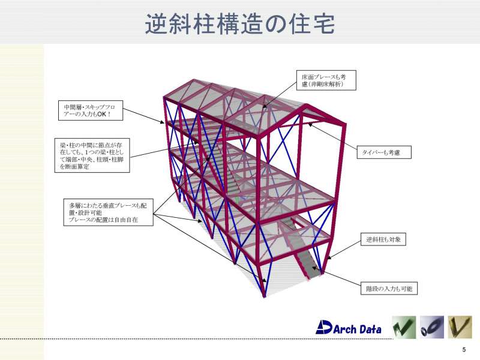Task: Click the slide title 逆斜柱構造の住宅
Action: (239, 24)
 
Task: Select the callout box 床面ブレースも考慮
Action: (326, 80)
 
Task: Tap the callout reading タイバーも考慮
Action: (384, 152)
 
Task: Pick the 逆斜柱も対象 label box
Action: (383, 239)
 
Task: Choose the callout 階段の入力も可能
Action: (389, 289)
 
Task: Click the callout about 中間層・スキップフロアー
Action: (91, 110)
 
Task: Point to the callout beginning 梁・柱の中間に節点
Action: (92, 155)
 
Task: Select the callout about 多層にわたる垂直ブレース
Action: (108, 212)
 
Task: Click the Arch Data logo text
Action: (357, 329)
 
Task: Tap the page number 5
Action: (464, 350)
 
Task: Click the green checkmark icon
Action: (404, 327)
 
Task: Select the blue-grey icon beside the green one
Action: (432, 327)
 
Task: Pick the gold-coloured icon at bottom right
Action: (460, 327)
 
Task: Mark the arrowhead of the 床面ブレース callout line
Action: (264, 106)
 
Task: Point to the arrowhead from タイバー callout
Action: (310, 124)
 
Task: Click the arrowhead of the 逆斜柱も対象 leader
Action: (329, 258)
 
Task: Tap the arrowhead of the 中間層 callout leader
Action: (163, 123)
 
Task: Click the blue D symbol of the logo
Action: (324, 327)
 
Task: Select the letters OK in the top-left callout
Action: (101, 114)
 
